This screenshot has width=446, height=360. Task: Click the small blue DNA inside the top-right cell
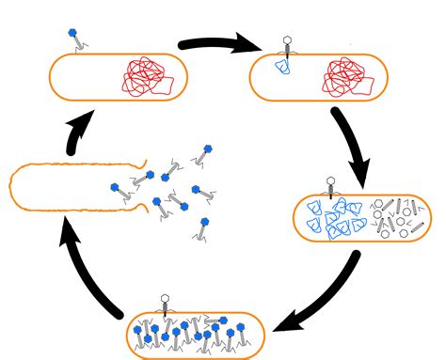(x=281, y=67)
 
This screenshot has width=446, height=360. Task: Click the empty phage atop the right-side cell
(x=330, y=186)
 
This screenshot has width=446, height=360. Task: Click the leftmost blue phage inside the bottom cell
(x=139, y=329)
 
